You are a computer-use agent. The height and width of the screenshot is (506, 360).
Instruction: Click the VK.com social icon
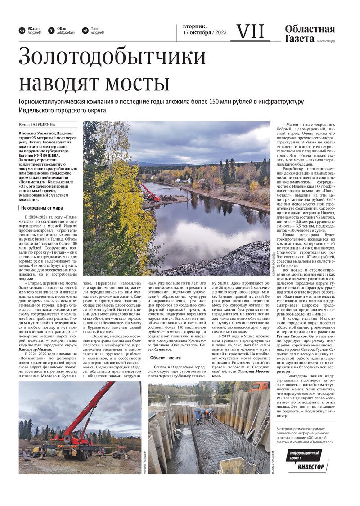click(x=22, y=31)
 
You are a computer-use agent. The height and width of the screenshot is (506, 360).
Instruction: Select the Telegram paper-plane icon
click(x=85, y=31)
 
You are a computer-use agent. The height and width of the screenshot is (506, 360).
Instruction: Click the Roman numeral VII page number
click(x=250, y=31)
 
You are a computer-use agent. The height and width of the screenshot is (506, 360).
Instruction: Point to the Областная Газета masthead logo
click(x=310, y=34)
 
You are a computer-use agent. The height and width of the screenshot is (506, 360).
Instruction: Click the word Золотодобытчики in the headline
click(x=112, y=57)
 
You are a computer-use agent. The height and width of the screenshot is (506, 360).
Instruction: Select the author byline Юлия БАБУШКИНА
click(x=37, y=125)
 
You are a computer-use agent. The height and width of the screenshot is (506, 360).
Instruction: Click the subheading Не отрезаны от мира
click(x=42, y=208)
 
